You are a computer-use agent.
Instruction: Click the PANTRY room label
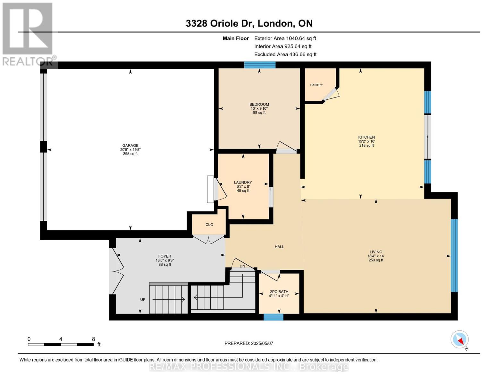pyautogui.click(x=316, y=85)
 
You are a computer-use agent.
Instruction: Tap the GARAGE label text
pyautogui.click(x=130, y=145)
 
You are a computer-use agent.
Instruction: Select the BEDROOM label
pyautogui.click(x=259, y=104)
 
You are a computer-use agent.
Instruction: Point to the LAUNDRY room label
pyautogui.click(x=243, y=182)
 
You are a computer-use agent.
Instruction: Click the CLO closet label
pyautogui.click(x=209, y=225)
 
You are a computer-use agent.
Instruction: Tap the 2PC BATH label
pyautogui.click(x=279, y=292)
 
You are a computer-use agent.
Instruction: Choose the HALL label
pyautogui.click(x=279, y=247)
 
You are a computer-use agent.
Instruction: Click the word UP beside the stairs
pyautogui.click(x=143, y=300)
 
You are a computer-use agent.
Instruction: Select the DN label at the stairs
pyautogui.click(x=242, y=266)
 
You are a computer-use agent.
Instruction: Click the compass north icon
pyautogui.click(x=460, y=339)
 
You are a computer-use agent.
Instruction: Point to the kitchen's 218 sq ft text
pyautogui.click(x=366, y=145)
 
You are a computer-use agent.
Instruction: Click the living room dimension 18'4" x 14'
pyautogui.click(x=376, y=256)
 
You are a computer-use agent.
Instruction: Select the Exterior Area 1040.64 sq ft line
pyautogui.click(x=285, y=38)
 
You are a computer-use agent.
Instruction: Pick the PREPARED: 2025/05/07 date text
pyautogui.click(x=249, y=343)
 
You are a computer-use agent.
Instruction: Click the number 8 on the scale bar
pyautogui.click(x=93, y=339)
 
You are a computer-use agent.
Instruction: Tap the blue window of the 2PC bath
pyautogui.click(x=273, y=317)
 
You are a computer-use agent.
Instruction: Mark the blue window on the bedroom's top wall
pyautogui.click(x=260, y=65)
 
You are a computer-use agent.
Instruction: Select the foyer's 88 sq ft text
pyautogui.click(x=165, y=264)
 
